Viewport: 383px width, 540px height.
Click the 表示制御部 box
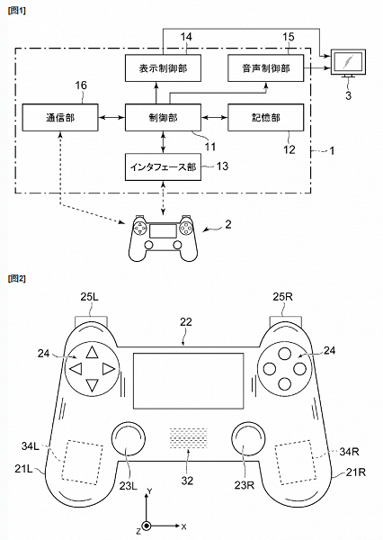(x=163, y=67)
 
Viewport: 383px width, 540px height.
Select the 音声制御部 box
(x=265, y=67)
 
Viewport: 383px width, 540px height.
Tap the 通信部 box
(x=60, y=117)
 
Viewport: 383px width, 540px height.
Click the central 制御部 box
(x=163, y=117)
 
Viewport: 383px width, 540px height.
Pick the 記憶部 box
(x=265, y=117)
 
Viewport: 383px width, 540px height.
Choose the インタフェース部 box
(x=163, y=167)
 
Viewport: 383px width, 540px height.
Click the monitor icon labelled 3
(x=348, y=63)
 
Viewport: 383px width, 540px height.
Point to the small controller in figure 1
(x=163, y=238)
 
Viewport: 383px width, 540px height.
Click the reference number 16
(x=81, y=85)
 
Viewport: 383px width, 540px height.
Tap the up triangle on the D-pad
(x=92, y=353)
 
